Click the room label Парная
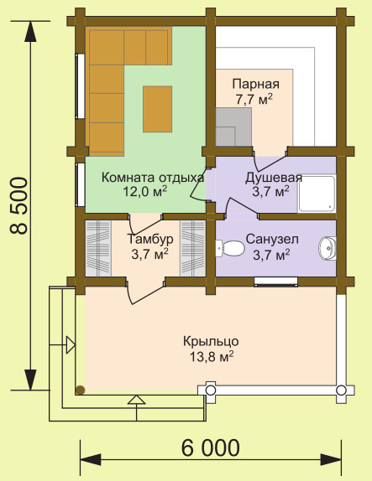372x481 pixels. (x=256, y=84)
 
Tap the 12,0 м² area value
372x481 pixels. (x=145, y=191)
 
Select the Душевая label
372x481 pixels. (x=274, y=178)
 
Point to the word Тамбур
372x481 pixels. (x=150, y=239)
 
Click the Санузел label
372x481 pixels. (x=272, y=239)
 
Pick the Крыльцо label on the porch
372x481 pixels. (x=211, y=341)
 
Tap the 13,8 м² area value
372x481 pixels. (x=212, y=356)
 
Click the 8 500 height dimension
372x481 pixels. (x=19, y=206)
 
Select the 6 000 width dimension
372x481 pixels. (x=210, y=448)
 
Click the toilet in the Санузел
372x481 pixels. (x=230, y=248)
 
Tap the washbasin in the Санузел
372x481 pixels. (x=327, y=248)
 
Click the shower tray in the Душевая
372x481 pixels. (x=317, y=194)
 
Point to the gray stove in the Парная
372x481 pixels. (x=233, y=127)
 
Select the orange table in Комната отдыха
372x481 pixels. (x=157, y=109)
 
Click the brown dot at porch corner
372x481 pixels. (x=81, y=390)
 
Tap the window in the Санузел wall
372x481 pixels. (x=275, y=282)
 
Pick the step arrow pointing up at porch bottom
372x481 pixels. (x=137, y=400)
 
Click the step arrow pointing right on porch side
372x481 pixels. (x=71, y=345)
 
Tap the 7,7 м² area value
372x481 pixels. (x=254, y=99)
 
